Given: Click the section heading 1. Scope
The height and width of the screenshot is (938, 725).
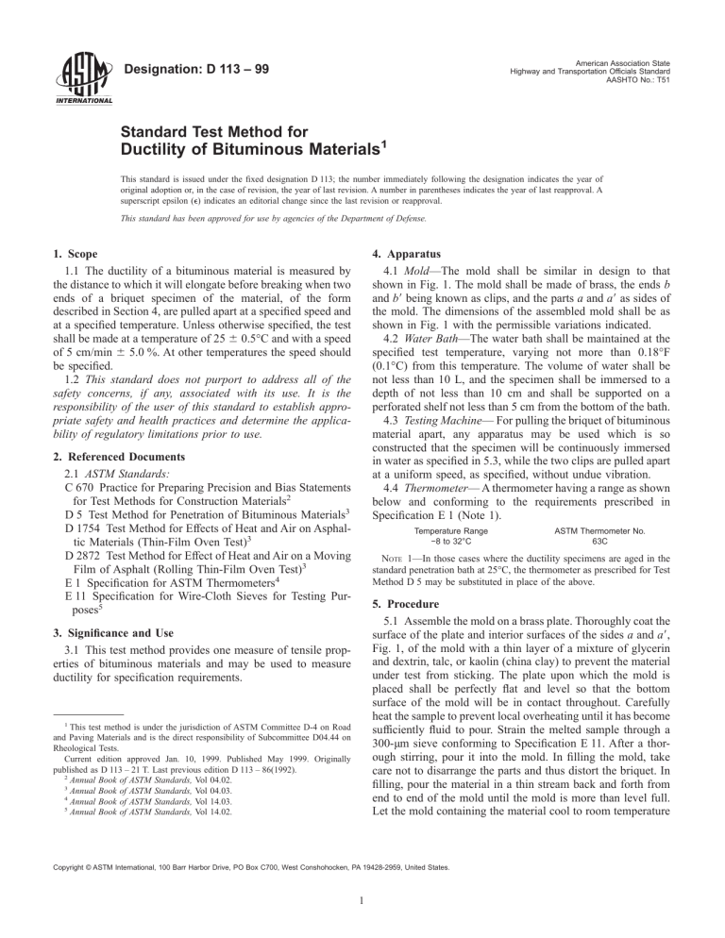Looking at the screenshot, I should (84, 281).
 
